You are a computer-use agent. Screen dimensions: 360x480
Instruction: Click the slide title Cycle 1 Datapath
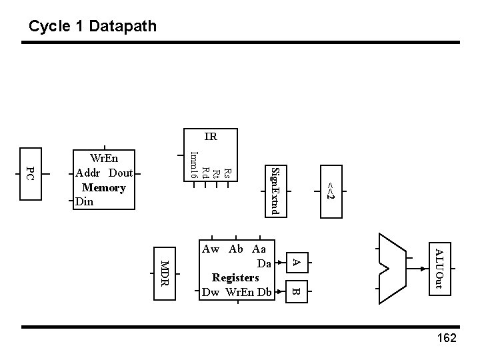93,27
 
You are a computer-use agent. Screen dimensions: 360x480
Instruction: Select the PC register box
29,174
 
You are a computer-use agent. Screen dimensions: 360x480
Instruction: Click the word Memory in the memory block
103,187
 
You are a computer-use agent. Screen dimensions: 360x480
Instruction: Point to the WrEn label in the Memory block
104,159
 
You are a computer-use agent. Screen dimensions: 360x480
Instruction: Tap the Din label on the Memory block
85,201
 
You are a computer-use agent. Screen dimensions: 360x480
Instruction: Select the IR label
210,137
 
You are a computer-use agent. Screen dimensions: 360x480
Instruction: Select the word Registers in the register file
235,277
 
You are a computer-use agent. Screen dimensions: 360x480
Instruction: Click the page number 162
445,339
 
